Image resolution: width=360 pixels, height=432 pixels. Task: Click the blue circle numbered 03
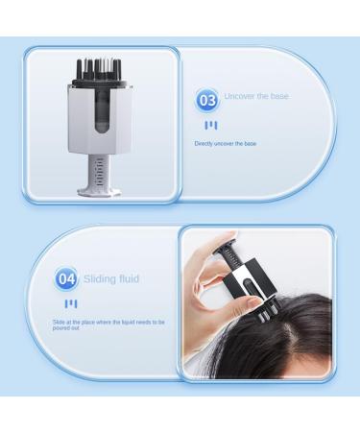[x=207, y=99]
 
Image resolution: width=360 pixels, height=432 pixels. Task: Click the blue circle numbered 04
[x=66, y=279]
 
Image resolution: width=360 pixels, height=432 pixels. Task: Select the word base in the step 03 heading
[x=279, y=96]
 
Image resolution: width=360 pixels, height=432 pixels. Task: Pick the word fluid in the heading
[x=129, y=279]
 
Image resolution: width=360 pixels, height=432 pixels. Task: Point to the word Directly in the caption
[x=205, y=143]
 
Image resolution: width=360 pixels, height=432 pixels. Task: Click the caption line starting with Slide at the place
[x=108, y=322]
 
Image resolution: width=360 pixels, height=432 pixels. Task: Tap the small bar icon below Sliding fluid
[x=69, y=303]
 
